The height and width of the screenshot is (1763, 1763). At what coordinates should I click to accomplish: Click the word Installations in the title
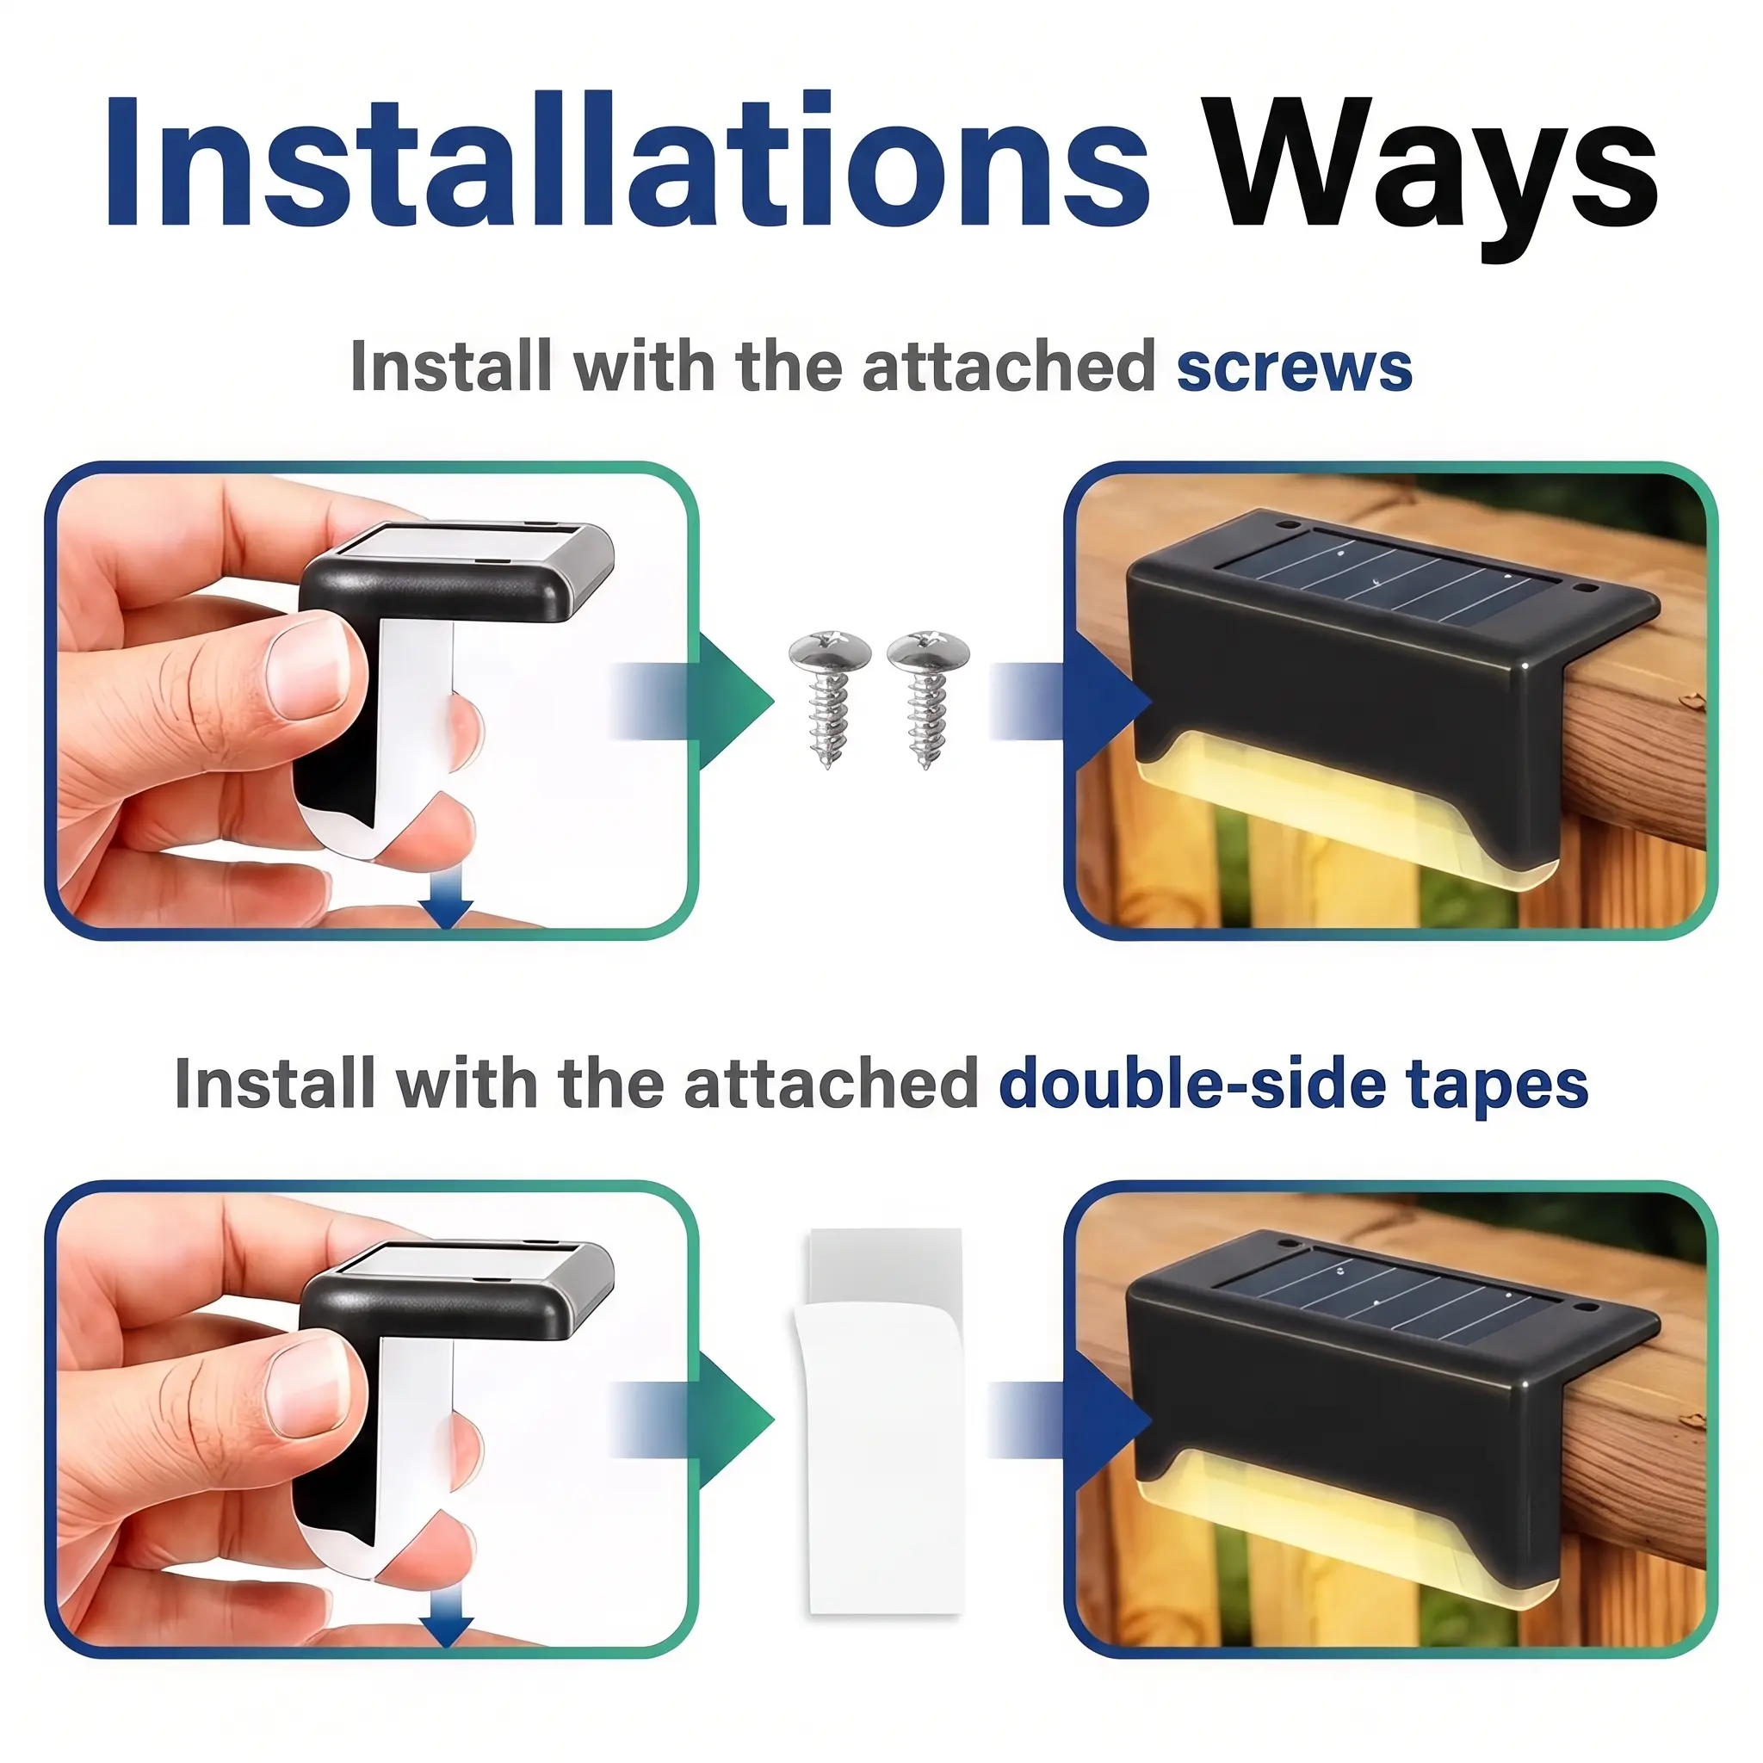point(628,161)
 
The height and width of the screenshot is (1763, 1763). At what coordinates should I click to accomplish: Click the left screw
point(829,699)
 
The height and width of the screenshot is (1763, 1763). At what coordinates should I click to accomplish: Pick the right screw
point(927,699)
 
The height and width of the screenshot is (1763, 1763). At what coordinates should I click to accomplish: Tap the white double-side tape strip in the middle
point(882,1414)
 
